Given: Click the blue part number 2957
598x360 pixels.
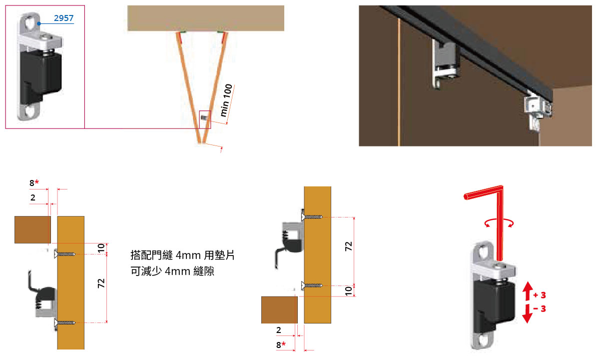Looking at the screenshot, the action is [x=63, y=18].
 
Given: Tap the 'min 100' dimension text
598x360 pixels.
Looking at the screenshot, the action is [x=226, y=100].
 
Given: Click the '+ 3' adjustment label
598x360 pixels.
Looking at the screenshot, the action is [x=540, y=295].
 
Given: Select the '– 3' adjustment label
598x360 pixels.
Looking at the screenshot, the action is [x=540, y=308].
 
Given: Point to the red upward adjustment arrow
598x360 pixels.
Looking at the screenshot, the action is [x=528, y=291].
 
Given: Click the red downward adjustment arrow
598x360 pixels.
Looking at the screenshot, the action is [x=528, y=314].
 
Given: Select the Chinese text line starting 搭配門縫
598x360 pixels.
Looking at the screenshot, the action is [x=182, y=254].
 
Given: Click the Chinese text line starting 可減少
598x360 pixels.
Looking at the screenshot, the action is [x=172, y=271].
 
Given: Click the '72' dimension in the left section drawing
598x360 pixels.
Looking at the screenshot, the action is [x=101, y=283].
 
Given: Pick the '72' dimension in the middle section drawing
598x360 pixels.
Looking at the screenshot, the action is [x=349, y=246].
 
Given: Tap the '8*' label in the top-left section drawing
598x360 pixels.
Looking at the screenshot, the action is [x=34, y=183].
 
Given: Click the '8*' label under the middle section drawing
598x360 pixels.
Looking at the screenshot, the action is [x=281, y=345].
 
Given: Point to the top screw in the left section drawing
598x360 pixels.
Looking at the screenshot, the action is [x=65, y=254].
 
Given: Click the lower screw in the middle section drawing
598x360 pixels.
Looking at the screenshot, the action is [x=312, y=285].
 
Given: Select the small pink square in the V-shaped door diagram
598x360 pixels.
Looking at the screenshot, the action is [x=205, y=119].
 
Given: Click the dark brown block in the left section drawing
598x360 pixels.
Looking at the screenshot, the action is [x=33, y=229].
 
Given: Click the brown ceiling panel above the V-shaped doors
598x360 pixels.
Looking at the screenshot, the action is [x=205, y=18].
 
